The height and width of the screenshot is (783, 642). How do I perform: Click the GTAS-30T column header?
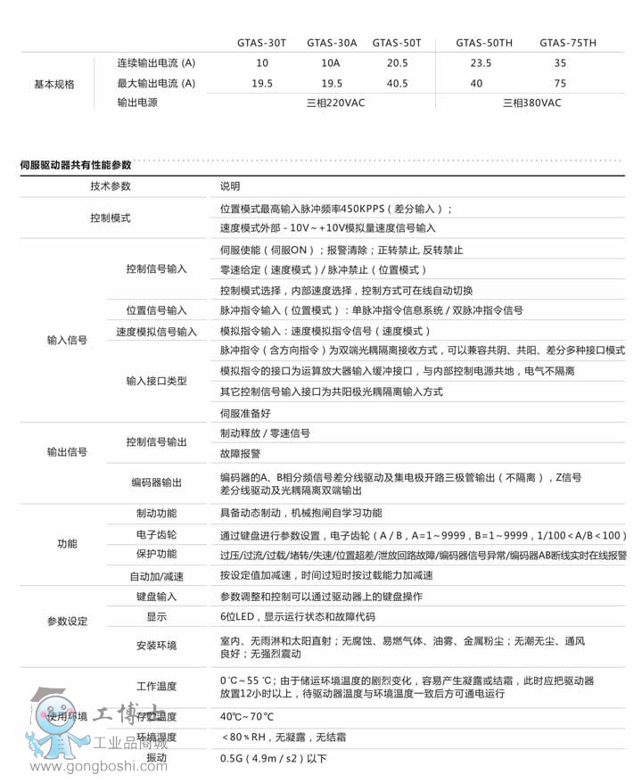pyautogui.click(x=262, y=42)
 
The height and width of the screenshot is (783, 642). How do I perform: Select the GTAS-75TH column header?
pyautogui.click(x=568, y=42)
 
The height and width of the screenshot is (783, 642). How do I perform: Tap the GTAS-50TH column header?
pyautogui.click(x=484, y=42)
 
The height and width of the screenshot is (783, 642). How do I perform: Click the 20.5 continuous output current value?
pyautogui.click(x=397, y=63)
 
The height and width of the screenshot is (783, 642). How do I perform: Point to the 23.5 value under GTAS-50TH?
pyautogui.click(x=481, y=63)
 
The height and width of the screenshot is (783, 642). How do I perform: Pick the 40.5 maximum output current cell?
pyautogui.click(x=397, y=83)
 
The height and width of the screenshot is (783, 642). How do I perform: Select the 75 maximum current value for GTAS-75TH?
pyautogui.click(x=560, y=83)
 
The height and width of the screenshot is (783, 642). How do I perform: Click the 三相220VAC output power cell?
pyautogui.click(x=335, y=103)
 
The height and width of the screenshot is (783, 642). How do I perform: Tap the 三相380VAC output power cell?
pyautogui.click(x=532, y=103)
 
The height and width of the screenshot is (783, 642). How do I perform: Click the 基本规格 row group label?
pyautogui.click(x=53, y=83)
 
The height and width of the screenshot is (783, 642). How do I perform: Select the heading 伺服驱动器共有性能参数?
pyautogui.click(x=76, y=165)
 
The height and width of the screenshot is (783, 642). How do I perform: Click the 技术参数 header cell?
pyautogui.click(x=110, y=186)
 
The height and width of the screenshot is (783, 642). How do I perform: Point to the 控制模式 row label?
pyautogui.click(x=110, y=218)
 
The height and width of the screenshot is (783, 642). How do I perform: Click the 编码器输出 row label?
pyautogui.click(x=156, y=482)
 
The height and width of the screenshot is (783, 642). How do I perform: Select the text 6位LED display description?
pyautogui.click(x=298, y=616)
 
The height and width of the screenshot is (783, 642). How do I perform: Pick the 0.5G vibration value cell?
pyautogui.click(x=274, y=759)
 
